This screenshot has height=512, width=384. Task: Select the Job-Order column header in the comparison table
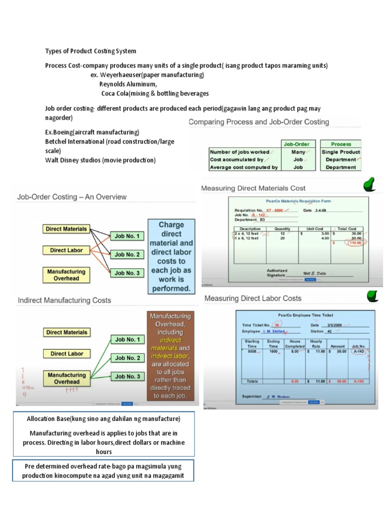(x=296, y=144)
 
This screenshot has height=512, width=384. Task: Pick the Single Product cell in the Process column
(x=340, y=152)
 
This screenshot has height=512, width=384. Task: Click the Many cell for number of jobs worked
(x=298, y=152)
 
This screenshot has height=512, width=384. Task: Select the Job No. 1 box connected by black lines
(x=127, y=236)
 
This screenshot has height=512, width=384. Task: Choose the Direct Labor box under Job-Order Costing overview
(x=64, y=250)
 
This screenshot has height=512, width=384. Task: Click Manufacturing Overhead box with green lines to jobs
(x=66, y=378)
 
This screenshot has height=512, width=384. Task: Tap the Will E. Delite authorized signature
(x=317, y=273)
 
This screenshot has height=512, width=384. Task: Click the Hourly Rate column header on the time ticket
(x=316, y=343)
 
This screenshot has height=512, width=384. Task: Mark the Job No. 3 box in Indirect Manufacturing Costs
(x=127, y=376)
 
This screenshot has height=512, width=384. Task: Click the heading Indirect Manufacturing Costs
(x=64, y=300)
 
